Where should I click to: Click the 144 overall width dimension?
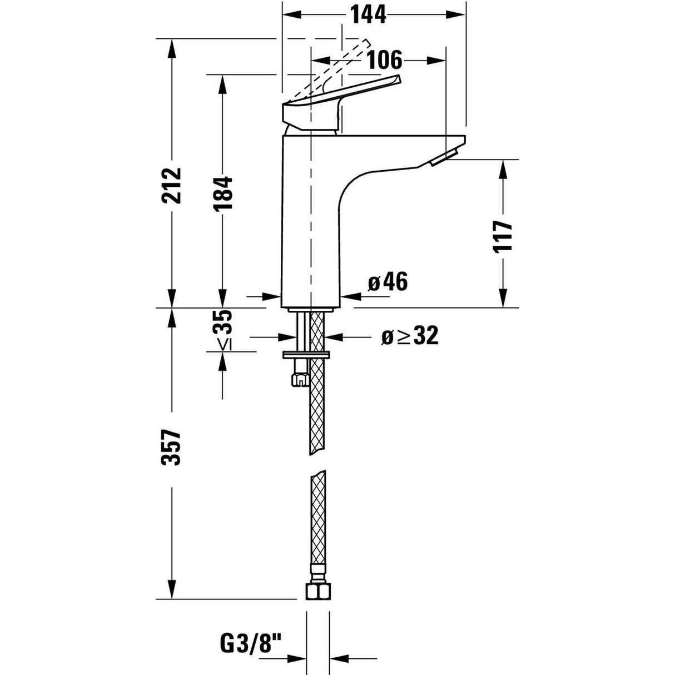[x=368, y=15]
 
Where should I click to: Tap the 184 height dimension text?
[x=222, y=193]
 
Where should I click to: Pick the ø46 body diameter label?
[x=388, y=283]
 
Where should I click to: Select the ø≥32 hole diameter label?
[x=410, y=336]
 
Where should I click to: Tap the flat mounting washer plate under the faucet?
[x=306, y=354]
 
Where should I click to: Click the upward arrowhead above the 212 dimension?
[x=172, y=47]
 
